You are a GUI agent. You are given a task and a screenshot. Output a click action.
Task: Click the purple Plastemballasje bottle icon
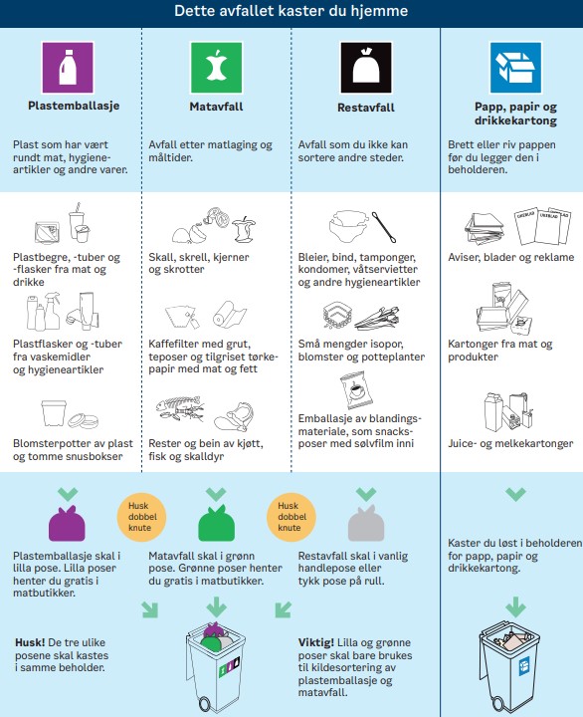(68, 68)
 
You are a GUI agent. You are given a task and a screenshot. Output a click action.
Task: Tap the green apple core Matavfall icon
(216, 68)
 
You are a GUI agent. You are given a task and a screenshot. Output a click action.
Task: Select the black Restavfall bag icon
(366, 68)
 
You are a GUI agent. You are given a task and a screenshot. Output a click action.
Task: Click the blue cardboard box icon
(515, 68)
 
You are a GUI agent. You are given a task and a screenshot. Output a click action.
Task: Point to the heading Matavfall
(216, 107)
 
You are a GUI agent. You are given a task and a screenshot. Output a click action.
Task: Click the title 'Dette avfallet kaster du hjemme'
(291, 11)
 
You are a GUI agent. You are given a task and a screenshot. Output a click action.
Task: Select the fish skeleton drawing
(179, 408)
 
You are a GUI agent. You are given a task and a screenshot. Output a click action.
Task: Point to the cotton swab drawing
(384, 227)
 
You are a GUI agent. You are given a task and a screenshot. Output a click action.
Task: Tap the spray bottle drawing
(52, 312)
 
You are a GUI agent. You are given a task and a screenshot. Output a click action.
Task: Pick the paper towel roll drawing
(230, 314)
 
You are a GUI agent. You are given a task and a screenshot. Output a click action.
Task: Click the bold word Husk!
(30, 642)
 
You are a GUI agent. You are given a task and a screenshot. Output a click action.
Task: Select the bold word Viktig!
(316, 642)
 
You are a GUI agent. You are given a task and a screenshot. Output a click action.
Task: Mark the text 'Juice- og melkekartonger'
(510, 443)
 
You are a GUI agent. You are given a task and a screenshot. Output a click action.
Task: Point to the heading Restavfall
(366, 108)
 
